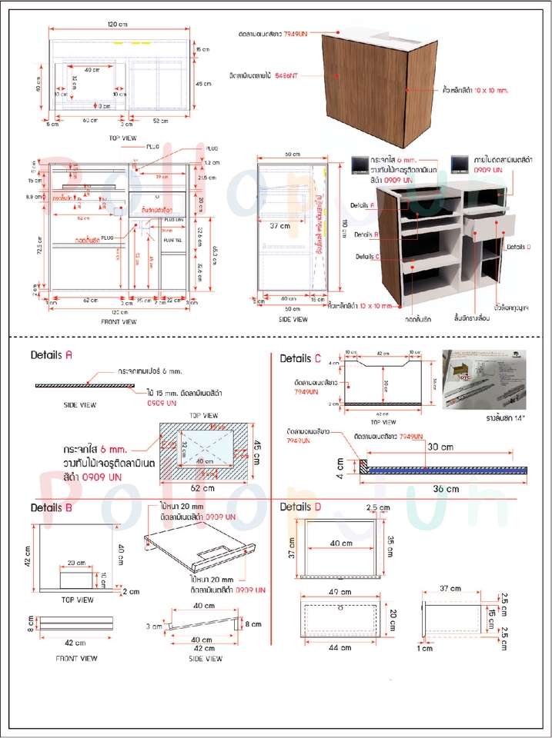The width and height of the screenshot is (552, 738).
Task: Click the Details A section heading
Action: (x=52, y=355)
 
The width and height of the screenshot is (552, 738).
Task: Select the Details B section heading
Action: (x=52, y=507)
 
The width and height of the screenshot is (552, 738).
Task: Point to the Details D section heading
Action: (x=301, y=507)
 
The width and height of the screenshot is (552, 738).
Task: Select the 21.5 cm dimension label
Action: (x=206, y=178)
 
